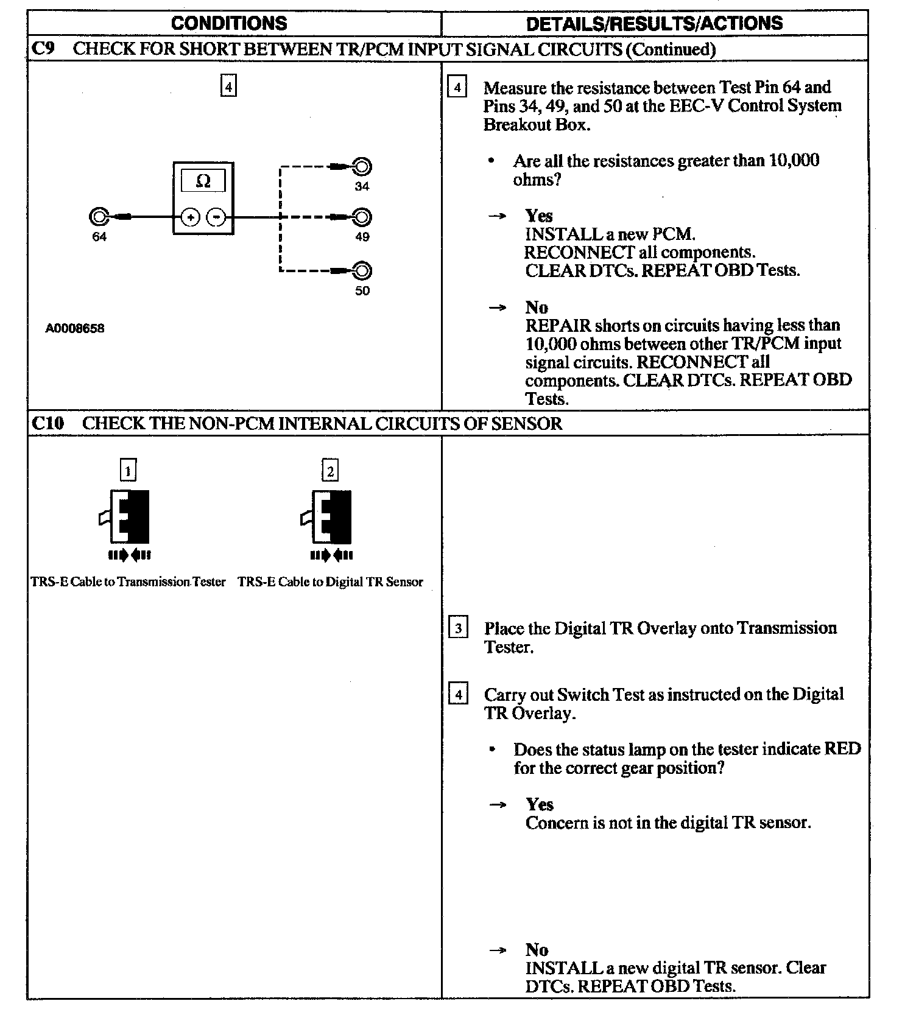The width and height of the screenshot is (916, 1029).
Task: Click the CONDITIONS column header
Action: tap(229, 23)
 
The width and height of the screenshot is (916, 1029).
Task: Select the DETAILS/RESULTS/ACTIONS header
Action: tap(654, 23)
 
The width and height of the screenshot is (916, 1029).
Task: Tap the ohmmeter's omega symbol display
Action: tap(203, 181)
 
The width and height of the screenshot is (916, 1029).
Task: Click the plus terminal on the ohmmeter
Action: tap(191, 217)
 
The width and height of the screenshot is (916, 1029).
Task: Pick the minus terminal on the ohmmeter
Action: tap(216, 217)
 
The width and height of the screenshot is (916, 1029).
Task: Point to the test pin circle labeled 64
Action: tap(98, 216)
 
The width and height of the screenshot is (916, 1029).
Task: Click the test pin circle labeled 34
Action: tap(362, 166)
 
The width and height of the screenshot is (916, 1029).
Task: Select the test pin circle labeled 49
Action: tap(362, 217)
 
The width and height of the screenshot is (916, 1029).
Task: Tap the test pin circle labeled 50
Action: tap(362, 270)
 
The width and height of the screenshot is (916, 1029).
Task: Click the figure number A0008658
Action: tap(75, 328)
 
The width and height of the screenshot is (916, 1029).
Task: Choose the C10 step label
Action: tap(48, 423)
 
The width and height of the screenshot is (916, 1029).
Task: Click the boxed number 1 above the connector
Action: tap(128, 471)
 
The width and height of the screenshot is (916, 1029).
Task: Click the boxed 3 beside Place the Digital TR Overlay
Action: tap(458, 628)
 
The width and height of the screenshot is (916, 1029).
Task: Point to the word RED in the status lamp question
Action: tap(842, 749)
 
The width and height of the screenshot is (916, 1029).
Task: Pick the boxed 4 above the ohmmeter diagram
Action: tap(228, 86)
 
